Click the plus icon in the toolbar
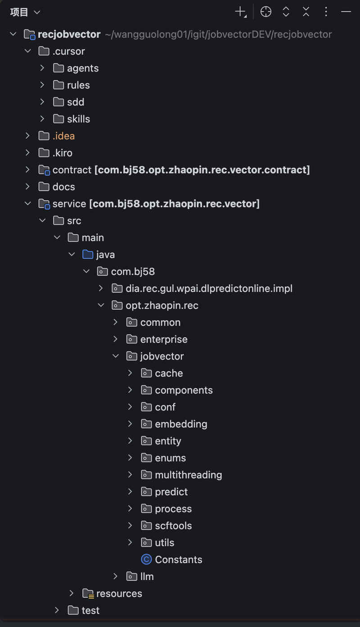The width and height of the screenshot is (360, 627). (x=240, y=12)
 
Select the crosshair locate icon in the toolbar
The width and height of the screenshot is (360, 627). (x=265, y=12)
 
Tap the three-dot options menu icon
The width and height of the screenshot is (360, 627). (x=326, y=12)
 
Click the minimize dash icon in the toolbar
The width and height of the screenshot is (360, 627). (x=346, y=12)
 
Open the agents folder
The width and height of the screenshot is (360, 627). (x=83, y=68)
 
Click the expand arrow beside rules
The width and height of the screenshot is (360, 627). (x=42, y=85)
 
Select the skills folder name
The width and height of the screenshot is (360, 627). (x=78, y=119)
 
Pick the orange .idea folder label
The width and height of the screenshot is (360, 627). (x=63, y=136)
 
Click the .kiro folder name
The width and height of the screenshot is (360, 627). (x=63, y=153)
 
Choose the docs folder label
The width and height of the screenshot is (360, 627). (x=63, y=187)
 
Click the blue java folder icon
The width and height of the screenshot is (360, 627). (x=88, y=255)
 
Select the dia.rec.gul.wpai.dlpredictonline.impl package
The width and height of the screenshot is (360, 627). (x=209, y=289)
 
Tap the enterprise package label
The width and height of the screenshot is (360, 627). (x=164, y=340)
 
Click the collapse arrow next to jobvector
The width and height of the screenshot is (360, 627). (x=115, y=356)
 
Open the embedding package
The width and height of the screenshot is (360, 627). (x=181, y=424)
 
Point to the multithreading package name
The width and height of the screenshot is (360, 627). (x=189, y=475)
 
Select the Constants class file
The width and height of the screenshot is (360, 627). (x=178, y=560)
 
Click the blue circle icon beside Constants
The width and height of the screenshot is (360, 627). (x=146, y=560)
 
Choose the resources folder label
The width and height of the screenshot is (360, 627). (x=119, y=594)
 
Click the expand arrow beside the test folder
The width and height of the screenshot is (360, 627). (x=57, y=610)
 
